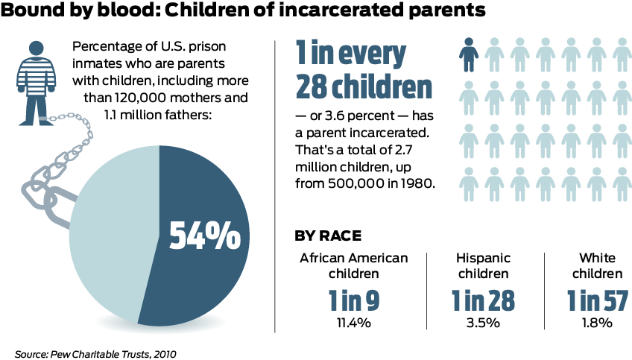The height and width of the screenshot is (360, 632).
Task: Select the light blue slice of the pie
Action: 108,239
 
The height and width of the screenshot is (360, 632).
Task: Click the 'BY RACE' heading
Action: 329,236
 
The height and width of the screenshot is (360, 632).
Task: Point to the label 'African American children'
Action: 354,265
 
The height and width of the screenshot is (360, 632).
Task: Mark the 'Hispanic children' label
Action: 484,265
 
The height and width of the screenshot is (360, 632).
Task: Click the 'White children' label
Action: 598,265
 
